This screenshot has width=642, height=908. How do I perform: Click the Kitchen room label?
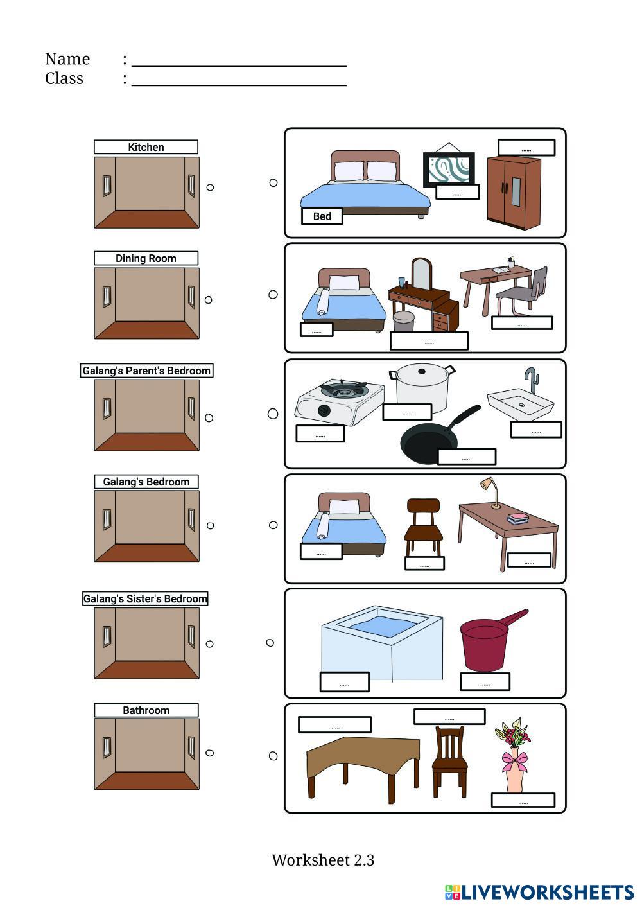point(146,147)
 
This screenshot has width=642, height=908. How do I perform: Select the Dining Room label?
point(146,258)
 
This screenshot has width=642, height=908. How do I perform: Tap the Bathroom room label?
point(146,710)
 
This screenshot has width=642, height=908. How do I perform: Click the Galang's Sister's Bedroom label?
point(146,598)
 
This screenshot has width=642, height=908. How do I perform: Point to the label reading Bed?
point(322,216)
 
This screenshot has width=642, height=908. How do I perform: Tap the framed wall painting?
point(448,169)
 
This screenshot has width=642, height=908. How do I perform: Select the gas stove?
point(339,401)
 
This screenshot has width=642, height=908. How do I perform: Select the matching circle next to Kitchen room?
point(210,188)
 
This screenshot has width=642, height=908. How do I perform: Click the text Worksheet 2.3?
point(322,860)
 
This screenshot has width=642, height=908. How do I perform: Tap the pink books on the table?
point(517,518)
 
